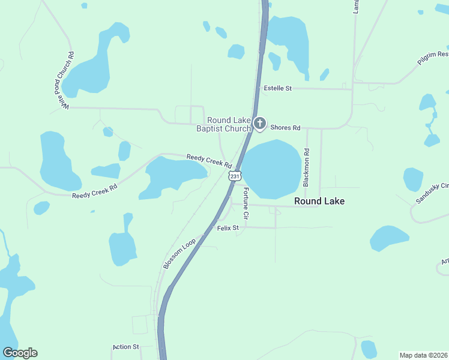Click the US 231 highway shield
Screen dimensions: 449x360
point(235,175)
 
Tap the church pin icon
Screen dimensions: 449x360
point(259,124)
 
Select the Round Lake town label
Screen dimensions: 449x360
point(319,202)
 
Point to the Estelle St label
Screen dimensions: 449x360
point(278,88)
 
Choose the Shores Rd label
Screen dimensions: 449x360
point(285,128)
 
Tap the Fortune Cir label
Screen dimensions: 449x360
point(246,202)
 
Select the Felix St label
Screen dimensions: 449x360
point(228,228)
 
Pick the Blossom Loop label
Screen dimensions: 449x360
point(179,253)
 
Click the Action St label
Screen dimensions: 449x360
point(125,347)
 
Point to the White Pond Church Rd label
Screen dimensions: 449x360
point(65,80)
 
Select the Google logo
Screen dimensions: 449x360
point(20,353)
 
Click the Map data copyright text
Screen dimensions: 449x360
point(423,355)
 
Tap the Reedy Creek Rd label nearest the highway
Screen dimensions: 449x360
point(209,160)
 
